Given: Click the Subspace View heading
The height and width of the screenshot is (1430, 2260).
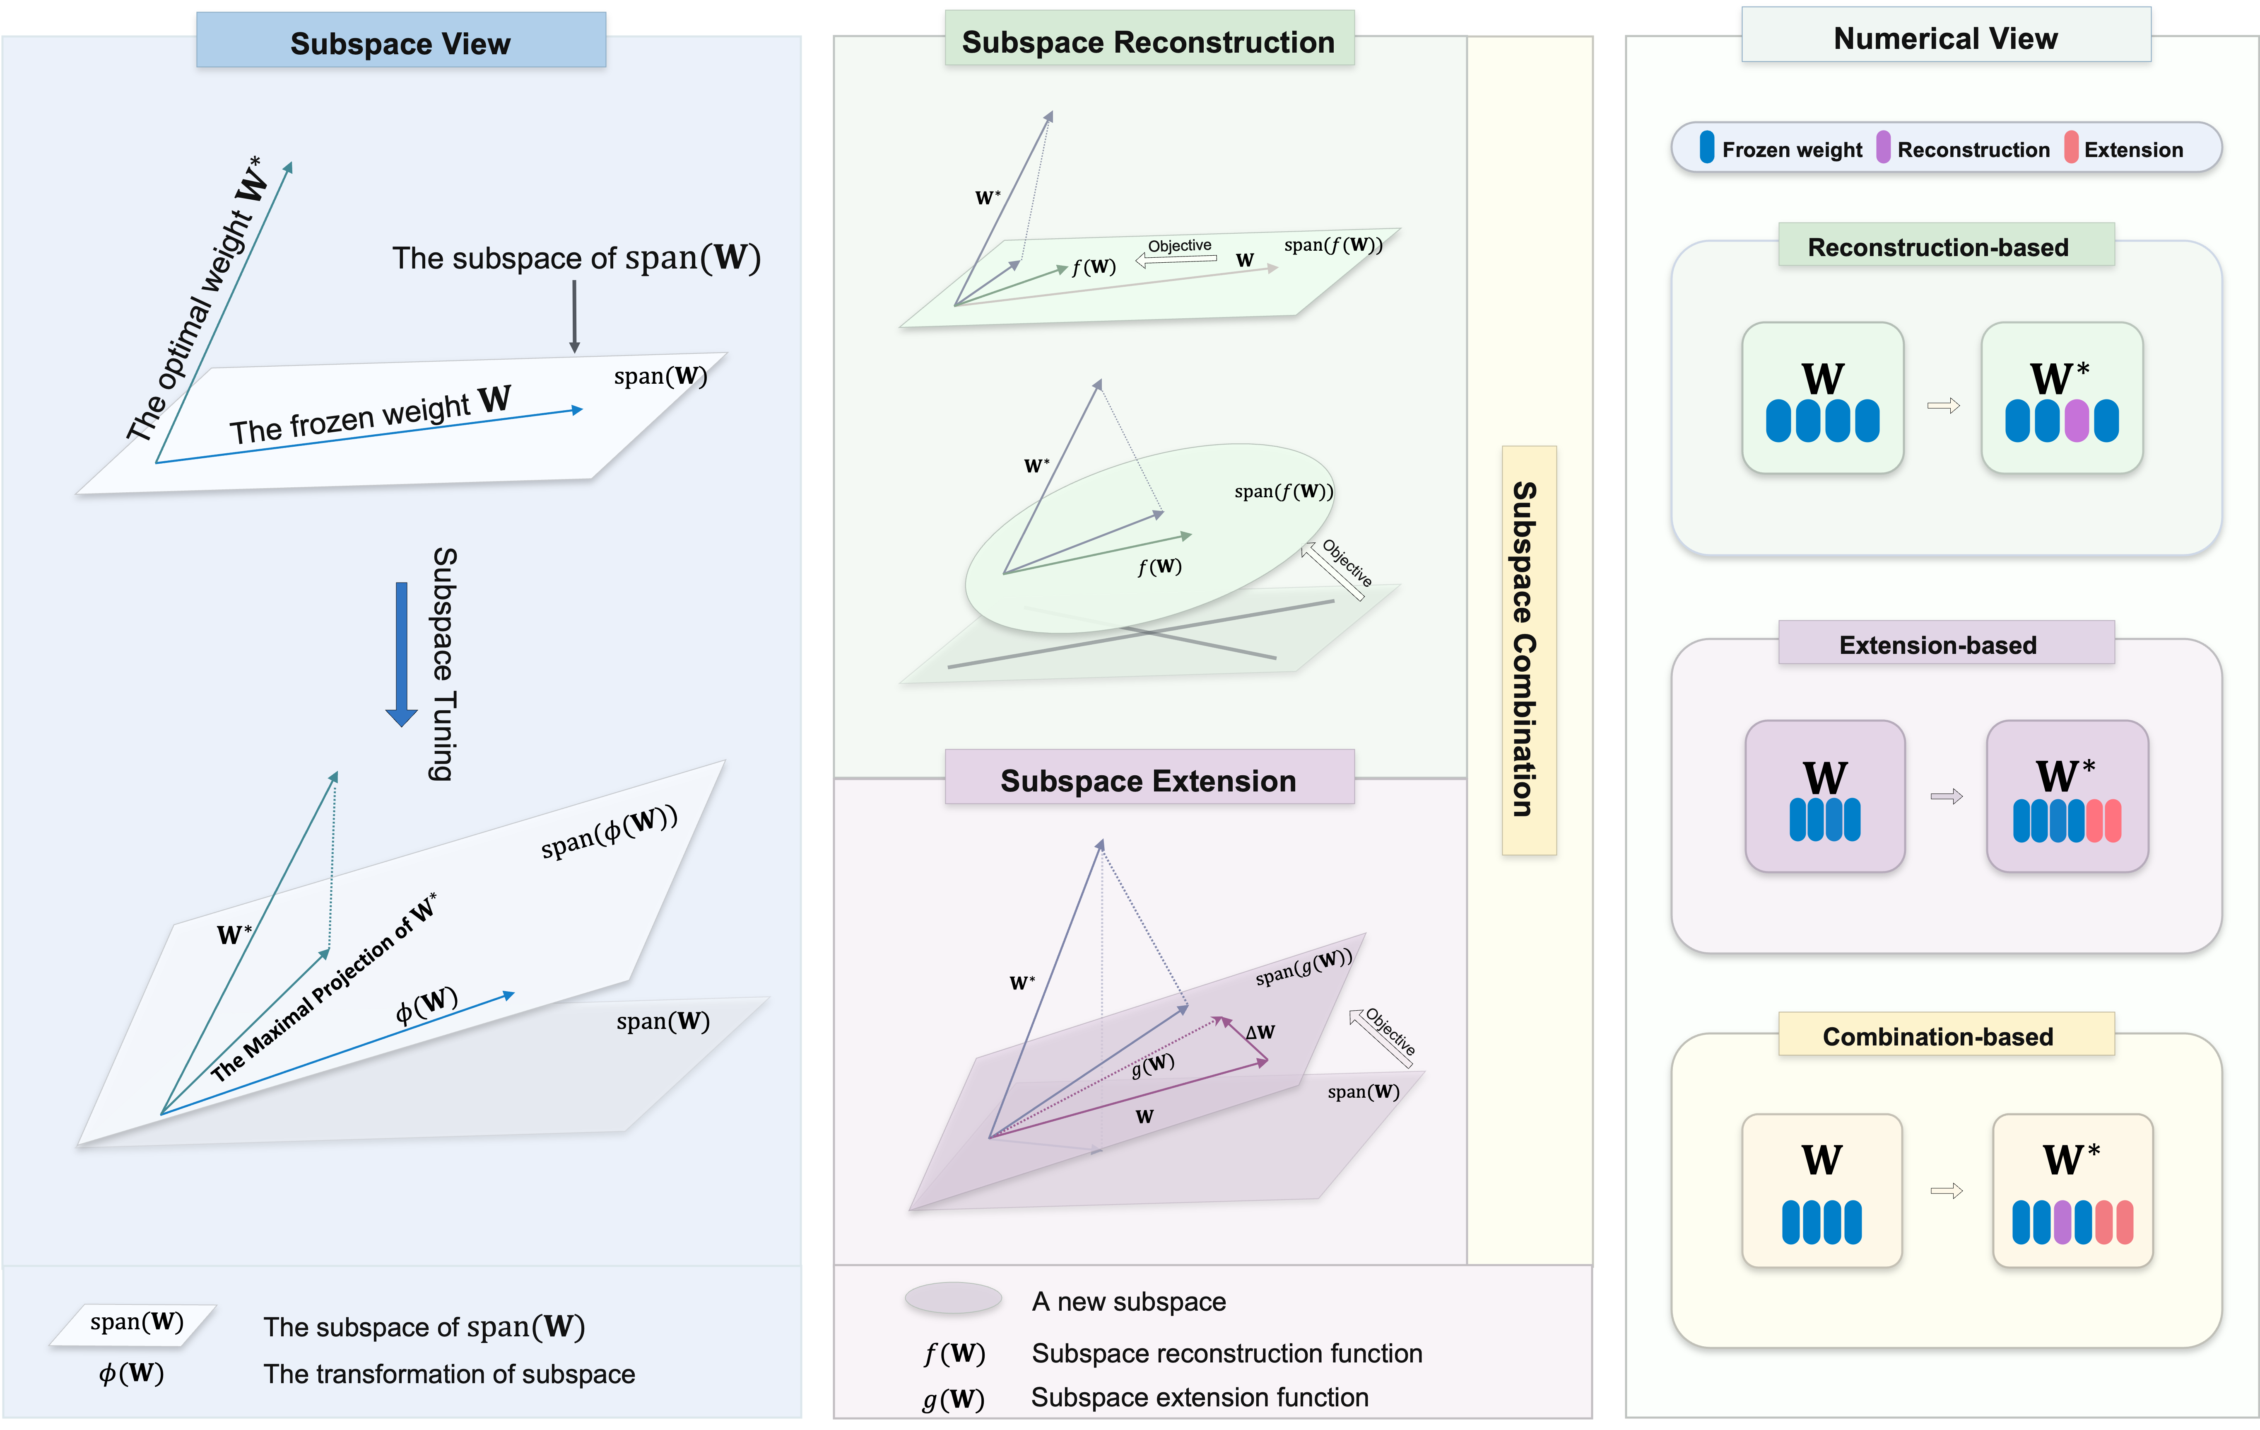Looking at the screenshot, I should click(x=401, y=43).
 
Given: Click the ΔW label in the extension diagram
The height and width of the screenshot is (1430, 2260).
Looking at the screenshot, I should click(x=1260, y=1032).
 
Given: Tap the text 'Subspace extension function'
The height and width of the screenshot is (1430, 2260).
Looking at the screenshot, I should click(x=1200, y=1397).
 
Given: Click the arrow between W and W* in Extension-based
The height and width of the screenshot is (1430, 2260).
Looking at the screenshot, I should click(x=1946, y=796).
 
